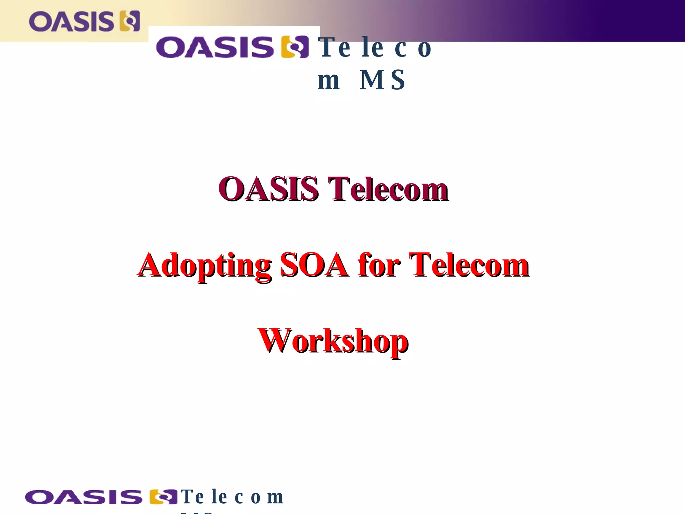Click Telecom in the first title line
(x=388, y=189)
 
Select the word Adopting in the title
(x=205, y=265)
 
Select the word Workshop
(x=333, y=341)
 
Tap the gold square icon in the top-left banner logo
(x=130, y=21)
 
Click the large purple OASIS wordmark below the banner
(x=215, y=47)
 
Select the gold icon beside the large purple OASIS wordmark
(x=295, y=47)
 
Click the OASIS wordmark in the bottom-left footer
(x=83, y=497)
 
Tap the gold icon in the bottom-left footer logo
(x=163, y=497)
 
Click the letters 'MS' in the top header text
(x=382, y=80)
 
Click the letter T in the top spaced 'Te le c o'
(x=327, y=47)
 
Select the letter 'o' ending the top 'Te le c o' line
(x=424, y=49)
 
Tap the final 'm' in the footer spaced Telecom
(x=275, y=498)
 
